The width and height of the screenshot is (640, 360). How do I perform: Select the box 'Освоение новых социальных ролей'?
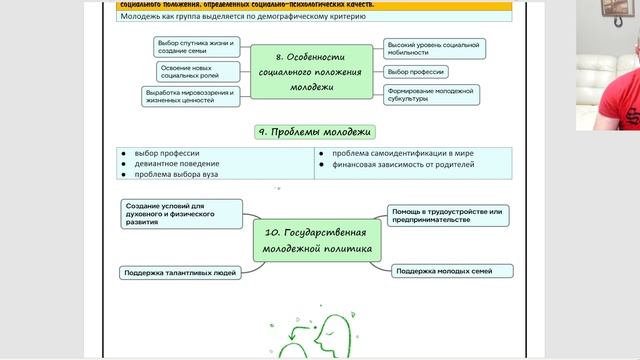click(199, 71)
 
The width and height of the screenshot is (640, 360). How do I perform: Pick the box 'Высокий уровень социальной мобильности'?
click(435, 48)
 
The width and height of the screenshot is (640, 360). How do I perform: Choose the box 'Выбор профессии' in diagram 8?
click(417, 72)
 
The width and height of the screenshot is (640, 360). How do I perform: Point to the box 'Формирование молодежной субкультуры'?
click(431, 95)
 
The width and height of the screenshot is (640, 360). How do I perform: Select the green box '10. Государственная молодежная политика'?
click(313, 240)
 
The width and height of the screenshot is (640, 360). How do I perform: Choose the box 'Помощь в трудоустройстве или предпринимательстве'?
click(450, 215)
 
